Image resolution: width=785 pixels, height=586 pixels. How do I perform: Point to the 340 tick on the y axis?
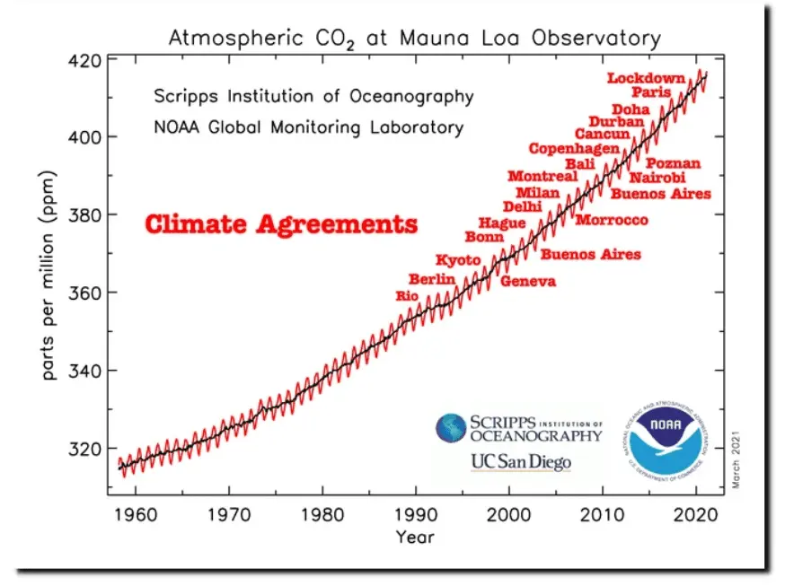[x=85, y=370]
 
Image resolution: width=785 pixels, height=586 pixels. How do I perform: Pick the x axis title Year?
[x=415, y=538]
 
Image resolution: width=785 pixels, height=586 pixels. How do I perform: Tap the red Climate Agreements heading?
[x=281, y=223]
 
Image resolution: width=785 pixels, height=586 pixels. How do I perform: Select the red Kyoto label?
[x=458, y=260]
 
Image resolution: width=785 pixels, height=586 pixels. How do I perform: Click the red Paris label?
[x=650, y=92]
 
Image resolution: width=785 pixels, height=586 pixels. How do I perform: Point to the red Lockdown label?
[x=646, y=78]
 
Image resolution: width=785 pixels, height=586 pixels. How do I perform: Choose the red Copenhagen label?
[x=574, y=149]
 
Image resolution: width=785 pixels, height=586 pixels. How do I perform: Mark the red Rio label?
[x=407, y=295]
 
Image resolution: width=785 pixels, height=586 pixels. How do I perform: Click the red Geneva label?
[x=527, y=282]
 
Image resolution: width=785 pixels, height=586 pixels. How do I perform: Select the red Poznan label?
[x=673, y=163]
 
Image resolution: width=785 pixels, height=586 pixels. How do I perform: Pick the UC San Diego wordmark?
[x=521, y=462]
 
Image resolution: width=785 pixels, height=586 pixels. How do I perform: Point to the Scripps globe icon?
[x=451, y=428]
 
